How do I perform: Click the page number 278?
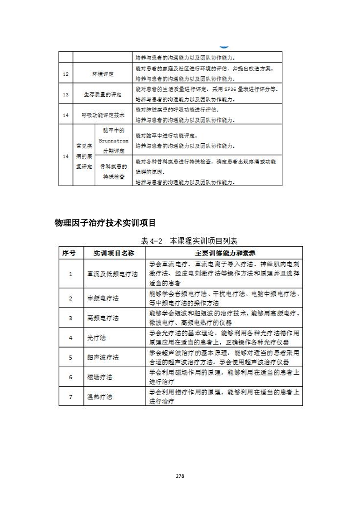coord(180,476)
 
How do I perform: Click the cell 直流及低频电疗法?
coord(112,274)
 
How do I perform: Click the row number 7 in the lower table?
coord(70,396)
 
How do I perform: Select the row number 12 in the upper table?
coord(66,74)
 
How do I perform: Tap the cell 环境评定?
coord(103,74)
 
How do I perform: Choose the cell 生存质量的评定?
coord(103,95)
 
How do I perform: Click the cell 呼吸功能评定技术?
coord(103,115)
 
